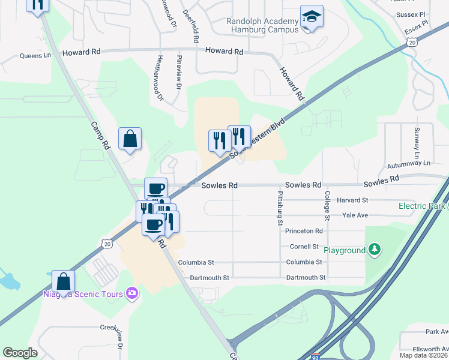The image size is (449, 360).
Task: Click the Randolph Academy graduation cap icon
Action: [312, 17]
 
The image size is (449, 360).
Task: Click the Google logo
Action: [20, 353]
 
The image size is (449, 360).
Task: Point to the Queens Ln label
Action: [35, 56]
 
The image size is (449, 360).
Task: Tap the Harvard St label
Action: [352, 200]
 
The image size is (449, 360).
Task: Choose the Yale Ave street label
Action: [354, 215]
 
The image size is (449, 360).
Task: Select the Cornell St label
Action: [304, 247]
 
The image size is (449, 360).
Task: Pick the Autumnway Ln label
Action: [409, 163]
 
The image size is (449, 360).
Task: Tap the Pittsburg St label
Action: [280, 205]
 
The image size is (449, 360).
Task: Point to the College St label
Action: [328, 204]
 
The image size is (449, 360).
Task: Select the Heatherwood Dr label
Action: [160, 74]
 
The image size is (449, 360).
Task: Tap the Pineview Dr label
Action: [179, 73]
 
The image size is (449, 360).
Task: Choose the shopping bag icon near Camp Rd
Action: [130, 139]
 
